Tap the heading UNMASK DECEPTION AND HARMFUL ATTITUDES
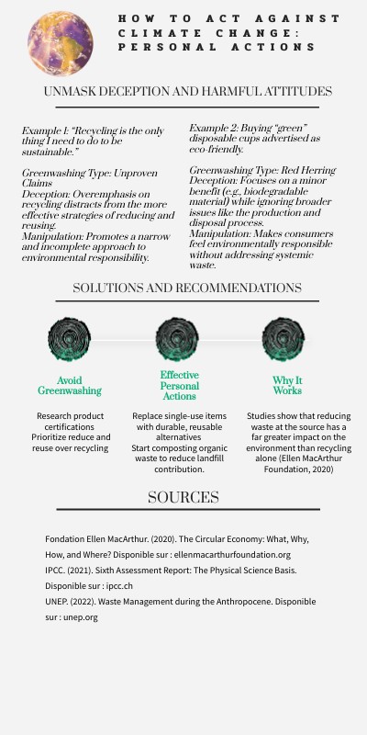(188, 91)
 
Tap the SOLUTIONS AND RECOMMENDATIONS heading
(187, 288)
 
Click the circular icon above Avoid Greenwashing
(69, 339)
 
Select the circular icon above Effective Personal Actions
(177, 339)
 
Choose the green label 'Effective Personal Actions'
(179, 386)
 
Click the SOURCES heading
(183, 498)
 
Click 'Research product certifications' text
(70, 423)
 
